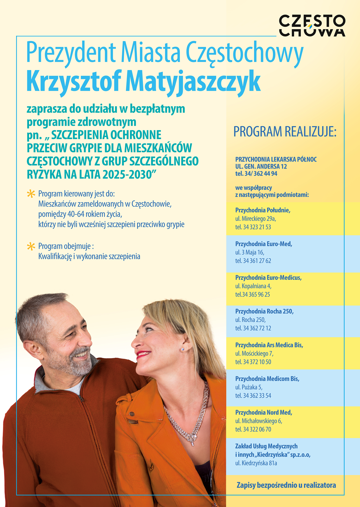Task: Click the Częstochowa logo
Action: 312,25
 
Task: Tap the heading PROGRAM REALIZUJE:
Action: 285,132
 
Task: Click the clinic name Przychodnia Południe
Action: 263,210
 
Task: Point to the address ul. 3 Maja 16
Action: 250,252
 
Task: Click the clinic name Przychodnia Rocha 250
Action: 264,311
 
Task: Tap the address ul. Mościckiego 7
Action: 254,353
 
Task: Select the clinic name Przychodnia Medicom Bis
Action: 267,379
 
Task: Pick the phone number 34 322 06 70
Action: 257,429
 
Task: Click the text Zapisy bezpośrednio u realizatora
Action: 286,485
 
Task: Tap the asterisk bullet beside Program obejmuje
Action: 31,246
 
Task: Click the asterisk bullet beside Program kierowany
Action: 31,194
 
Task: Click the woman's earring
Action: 183,349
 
